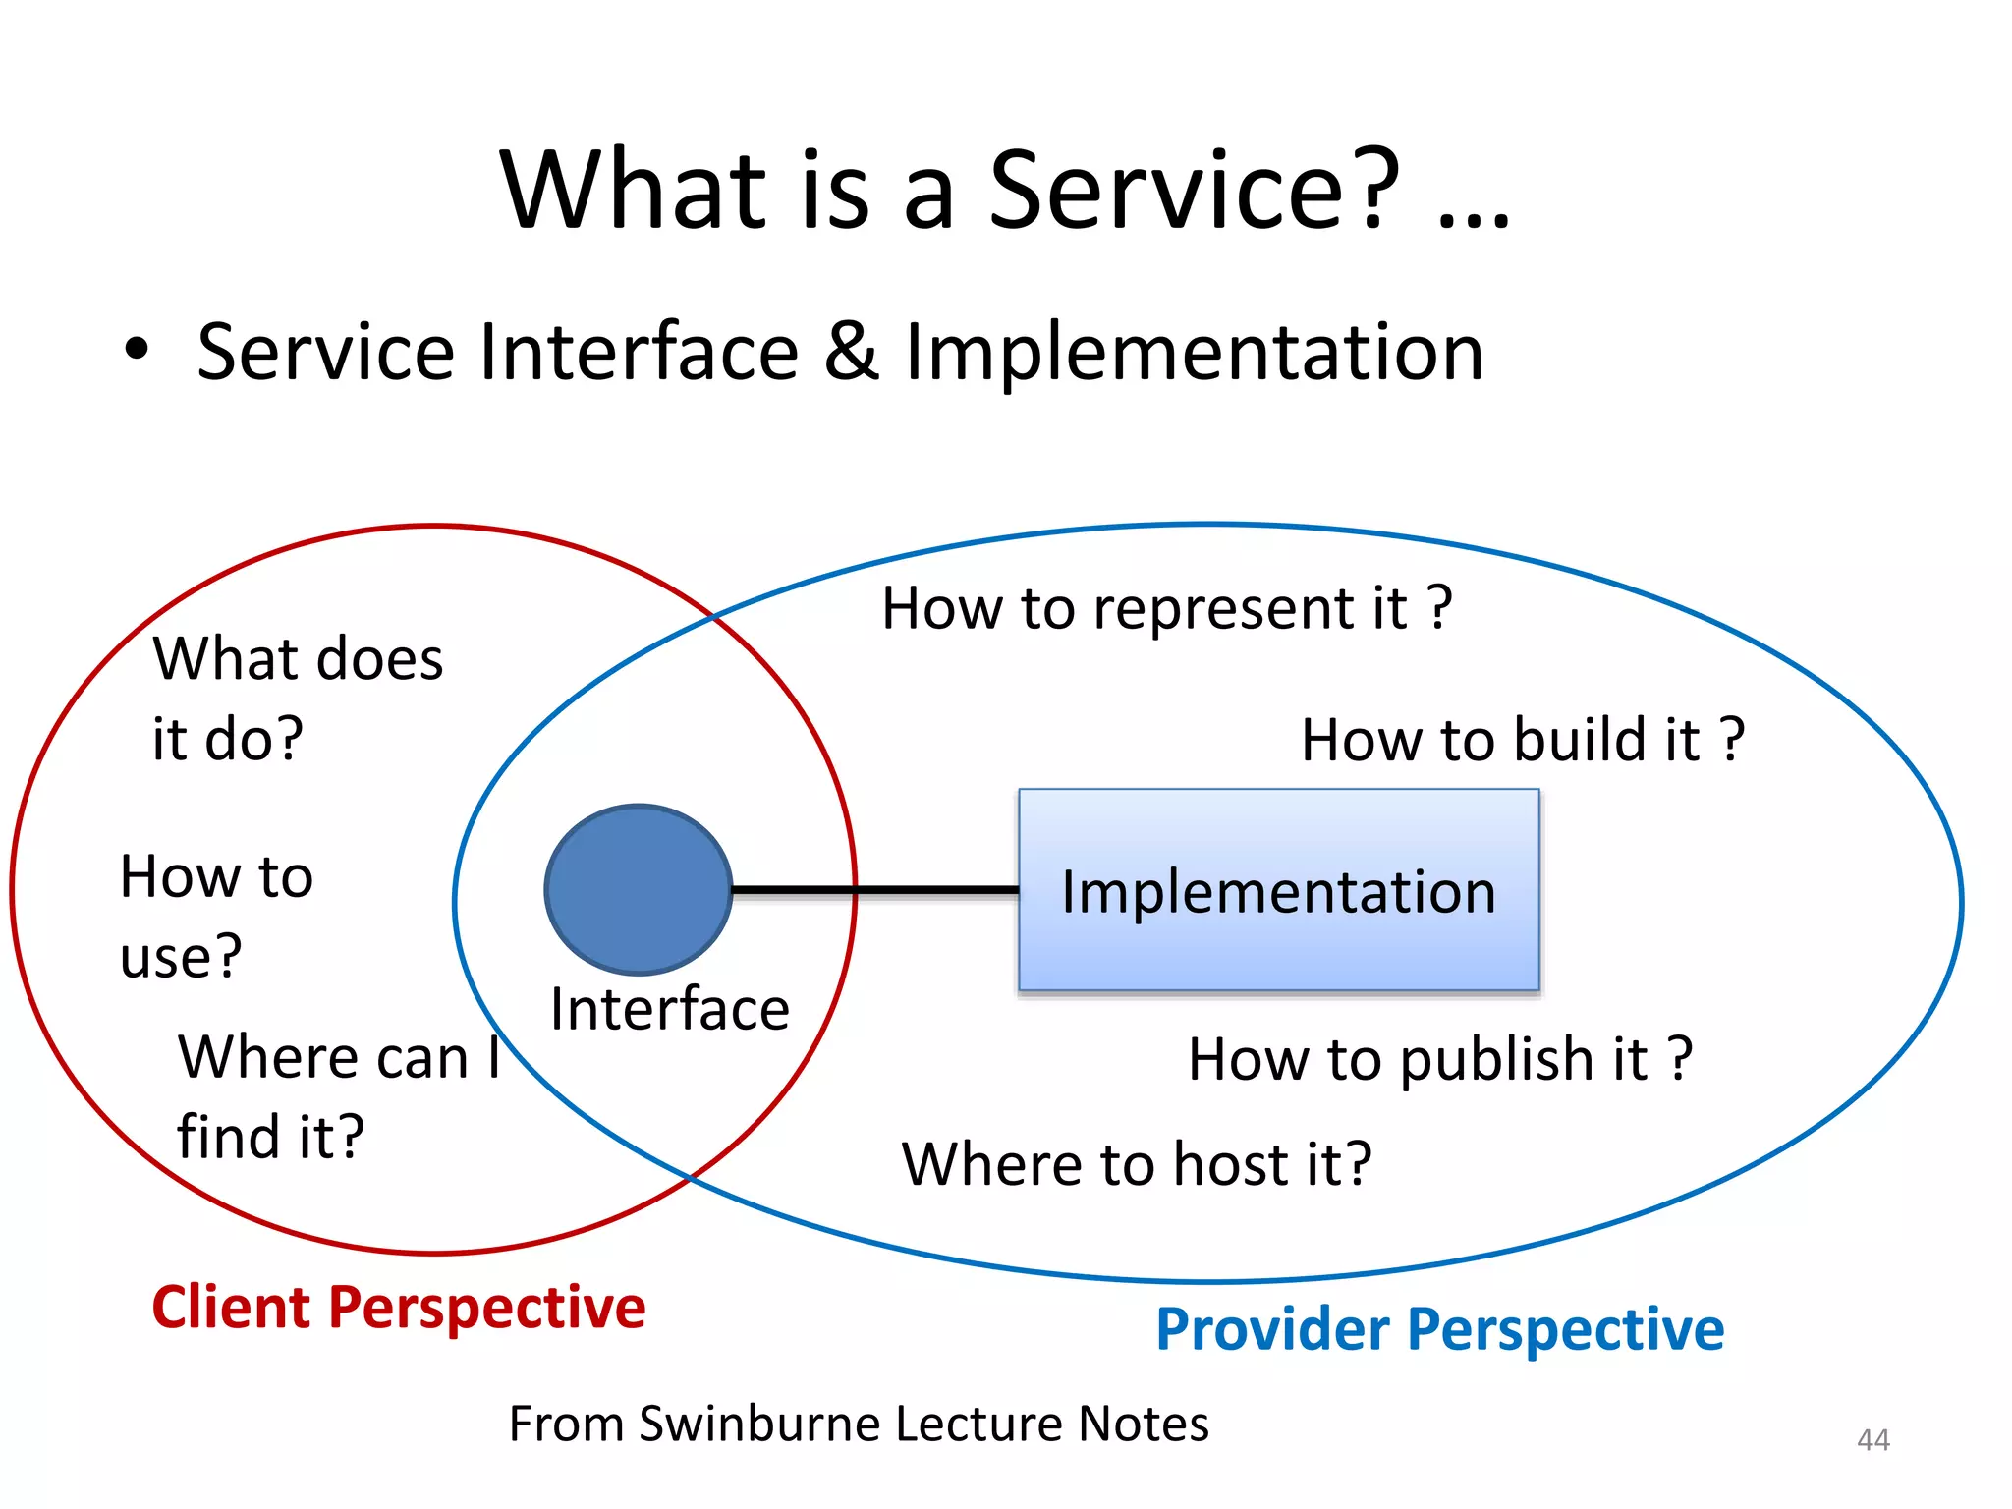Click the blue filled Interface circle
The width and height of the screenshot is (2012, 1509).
click(639, 889)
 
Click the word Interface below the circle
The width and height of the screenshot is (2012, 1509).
click(670, 1009)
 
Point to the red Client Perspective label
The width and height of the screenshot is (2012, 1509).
click(399, 1308)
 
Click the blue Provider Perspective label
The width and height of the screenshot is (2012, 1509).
click(1439, 1329)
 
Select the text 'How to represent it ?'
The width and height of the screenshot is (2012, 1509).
click(1166, 608)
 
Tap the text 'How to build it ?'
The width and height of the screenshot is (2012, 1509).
click(1522, 740)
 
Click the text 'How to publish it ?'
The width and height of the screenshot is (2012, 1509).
click(1440, 1059)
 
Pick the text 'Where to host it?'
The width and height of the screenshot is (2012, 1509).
click(1137, 1164)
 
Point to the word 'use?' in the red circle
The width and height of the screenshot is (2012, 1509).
click(181, 956)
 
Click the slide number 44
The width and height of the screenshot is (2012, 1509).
click(1872, 1440)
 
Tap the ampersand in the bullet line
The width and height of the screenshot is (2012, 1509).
click(851, 352)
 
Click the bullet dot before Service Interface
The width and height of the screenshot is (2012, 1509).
click(137, 350)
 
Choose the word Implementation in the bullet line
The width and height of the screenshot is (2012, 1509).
click(1193, 352)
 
